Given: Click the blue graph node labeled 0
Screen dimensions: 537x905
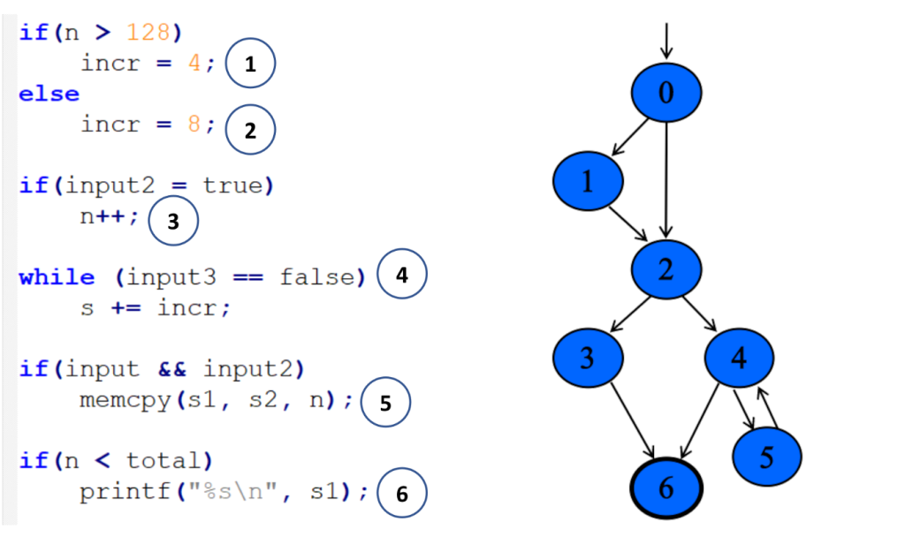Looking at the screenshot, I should pyautogui.click(x=666, y=93).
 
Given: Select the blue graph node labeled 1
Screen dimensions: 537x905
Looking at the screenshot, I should pyautogui.click(x=588, y=181).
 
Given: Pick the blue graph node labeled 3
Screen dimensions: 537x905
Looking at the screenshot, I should pyautogui.click(x=588, y=357).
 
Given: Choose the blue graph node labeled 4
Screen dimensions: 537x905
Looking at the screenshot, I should pyautogui.click(x=740, y=357).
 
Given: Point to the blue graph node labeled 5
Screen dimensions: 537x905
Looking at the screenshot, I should pyautogui.click(x=767, y=457).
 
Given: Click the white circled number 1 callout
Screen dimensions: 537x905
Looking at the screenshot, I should pyautogui.click(x=251, y=64).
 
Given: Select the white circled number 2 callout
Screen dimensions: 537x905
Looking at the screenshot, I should pyautogui.click(x=251, y=131).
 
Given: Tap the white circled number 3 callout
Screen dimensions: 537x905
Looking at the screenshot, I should pyautogui.click(x=173, y=222).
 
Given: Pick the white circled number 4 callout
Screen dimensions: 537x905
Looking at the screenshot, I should pyautogui.click(x=402, y=275).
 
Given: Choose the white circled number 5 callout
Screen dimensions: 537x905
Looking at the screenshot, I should pyautogui.click(x=384, y=403).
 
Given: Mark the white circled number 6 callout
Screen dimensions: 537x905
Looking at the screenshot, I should pyautogui.click(x=402, y=494).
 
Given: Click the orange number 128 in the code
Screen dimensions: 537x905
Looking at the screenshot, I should pyautogui.click(x=148, y=33).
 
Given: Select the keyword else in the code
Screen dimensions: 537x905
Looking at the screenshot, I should pyautogui.click(x=49, y=94).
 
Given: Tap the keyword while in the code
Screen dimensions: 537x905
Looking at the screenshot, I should pyautogui.click(x=57, y=277).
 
